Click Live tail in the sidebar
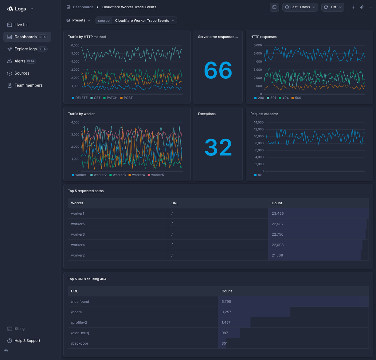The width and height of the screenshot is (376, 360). pyautogui.click(x=21, y=25)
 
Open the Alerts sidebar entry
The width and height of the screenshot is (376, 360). pyautogui.click(x=20, y=61)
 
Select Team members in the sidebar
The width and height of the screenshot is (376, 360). pyautogui.click(x=28, y=85)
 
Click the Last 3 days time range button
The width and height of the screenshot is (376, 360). pyautogui.click(x=300, y=7)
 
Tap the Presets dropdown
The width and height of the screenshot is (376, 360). pyautogui.click(x=79, y=20)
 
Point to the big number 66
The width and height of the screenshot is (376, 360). pyautogui.click(x=218, y=70)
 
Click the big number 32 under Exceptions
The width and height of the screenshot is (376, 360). pyautogui.click(x=218, y=147)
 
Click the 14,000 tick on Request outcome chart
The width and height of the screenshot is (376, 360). pyautogui.click(x=258, y=122)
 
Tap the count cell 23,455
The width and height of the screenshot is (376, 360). pyautogui.click(x=278, y=213)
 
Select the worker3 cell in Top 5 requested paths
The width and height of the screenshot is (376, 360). pyautogui.click(x=78, y=234)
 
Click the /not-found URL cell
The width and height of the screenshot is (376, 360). pyautogui.click(x=80, y=302)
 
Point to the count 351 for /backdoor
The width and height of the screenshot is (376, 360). pyautogui.click(x=225, y=343)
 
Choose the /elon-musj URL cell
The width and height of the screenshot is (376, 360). pyautogui.click(x=80, y=333)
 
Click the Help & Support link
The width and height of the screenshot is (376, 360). pyautogui.click(x=27, y=341)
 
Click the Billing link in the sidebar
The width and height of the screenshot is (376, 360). pyautogui.click(x=19, y=329)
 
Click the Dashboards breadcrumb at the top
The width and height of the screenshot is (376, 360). pyautogui.click(x=83, y=7)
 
